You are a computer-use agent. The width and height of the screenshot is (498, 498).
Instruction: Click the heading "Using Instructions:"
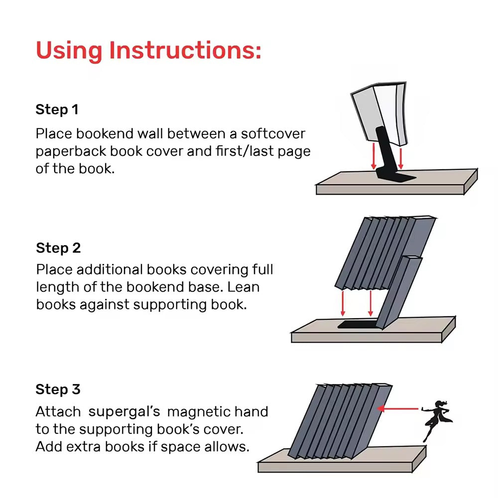tap(148, 50)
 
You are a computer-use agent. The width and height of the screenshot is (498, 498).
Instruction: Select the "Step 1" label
tap(57, 110)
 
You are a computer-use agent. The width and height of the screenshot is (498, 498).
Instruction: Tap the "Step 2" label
tap(58, 248)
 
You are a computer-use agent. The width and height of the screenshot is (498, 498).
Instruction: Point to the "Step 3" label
tap(58, 389)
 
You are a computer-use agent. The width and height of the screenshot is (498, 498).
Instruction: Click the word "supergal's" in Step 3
tap(124, 412)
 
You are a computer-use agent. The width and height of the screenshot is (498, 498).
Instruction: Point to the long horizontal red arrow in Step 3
tap(398, 408)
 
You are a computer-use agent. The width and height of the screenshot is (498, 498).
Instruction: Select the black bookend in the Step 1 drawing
tap(387, 159)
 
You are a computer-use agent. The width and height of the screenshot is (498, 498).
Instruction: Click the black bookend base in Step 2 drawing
tap(356, 325)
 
